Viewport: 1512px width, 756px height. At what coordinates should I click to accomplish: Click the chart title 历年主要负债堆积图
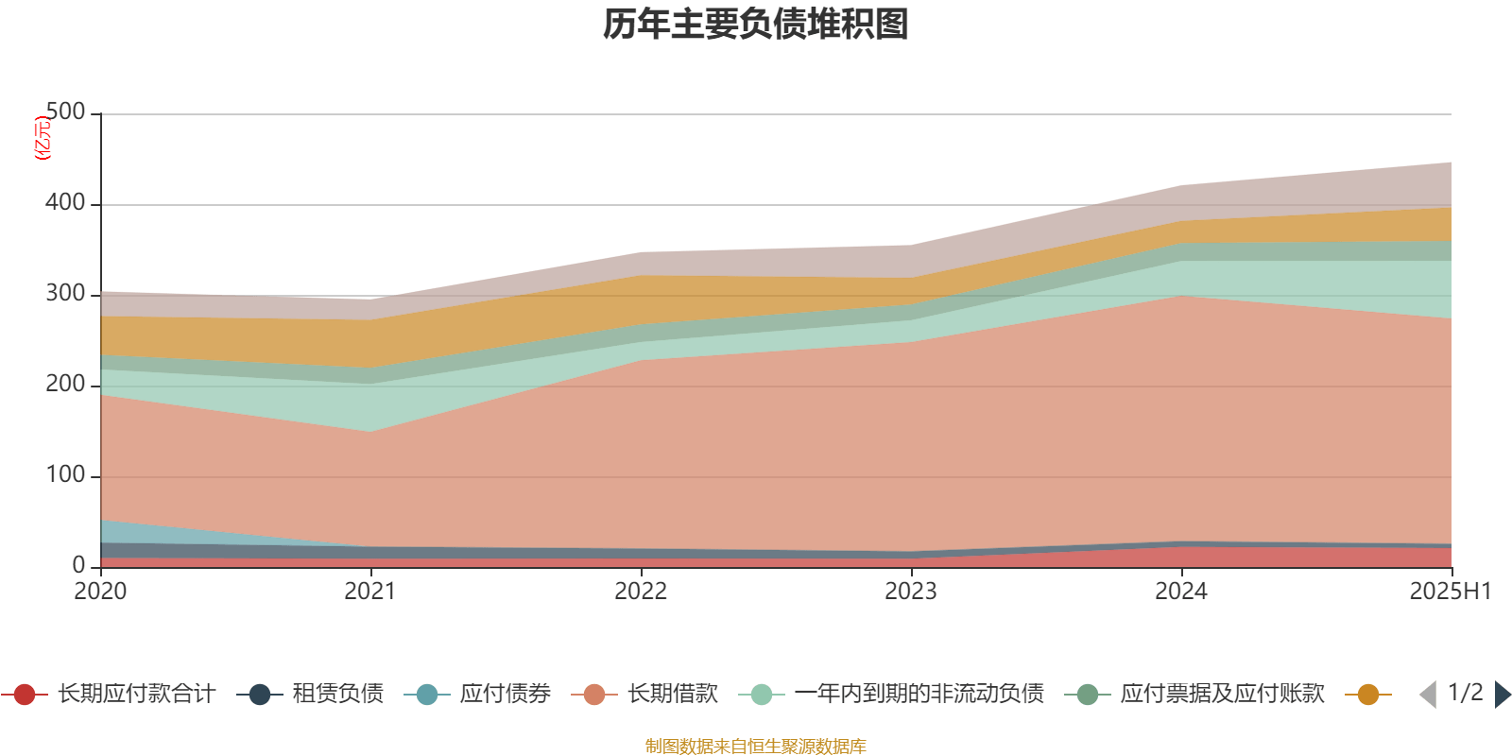pos(756,25)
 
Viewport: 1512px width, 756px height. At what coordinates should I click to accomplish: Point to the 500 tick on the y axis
pos(65,112)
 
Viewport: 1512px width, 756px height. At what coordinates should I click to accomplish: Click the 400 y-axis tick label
pos(65,203)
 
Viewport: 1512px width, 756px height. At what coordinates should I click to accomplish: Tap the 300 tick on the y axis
pos(65,294)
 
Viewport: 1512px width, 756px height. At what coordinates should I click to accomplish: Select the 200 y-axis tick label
pos(65,385)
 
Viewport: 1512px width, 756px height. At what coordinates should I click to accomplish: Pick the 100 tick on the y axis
pos(65,475)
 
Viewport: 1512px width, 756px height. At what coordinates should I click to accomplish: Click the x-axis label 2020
pos(100,592)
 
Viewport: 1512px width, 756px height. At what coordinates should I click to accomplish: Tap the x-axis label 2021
pos(370,592)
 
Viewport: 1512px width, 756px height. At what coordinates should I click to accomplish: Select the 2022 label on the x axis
pos(641,592)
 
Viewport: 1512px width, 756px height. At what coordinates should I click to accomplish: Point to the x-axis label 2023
pos(911,592)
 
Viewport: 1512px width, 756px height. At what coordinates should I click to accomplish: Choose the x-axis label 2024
pos(1181,592)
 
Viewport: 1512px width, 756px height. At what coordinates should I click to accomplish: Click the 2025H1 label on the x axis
pos(1449,592)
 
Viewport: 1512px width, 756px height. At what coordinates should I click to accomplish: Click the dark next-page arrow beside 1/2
pos(1502,695)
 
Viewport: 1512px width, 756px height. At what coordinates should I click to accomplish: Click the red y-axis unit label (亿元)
pos(43,138)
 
